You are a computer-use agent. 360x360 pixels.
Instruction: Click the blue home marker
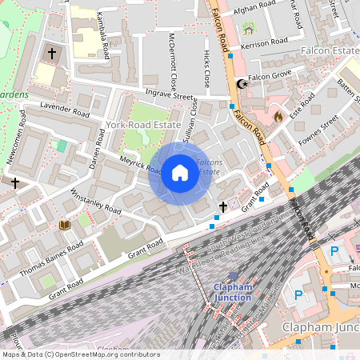(180, 173)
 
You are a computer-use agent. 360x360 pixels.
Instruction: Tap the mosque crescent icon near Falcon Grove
(241, 83)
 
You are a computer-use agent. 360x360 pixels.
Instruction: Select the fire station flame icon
(278, 117)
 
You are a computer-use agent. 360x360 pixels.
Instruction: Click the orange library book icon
(65, 226)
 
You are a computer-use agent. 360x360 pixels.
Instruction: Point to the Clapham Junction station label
(232, 293)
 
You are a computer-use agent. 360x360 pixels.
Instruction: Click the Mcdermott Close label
(173, 64)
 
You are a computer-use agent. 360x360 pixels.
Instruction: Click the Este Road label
(301, 108)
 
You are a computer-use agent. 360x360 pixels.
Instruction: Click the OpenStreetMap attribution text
(80, 354)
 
